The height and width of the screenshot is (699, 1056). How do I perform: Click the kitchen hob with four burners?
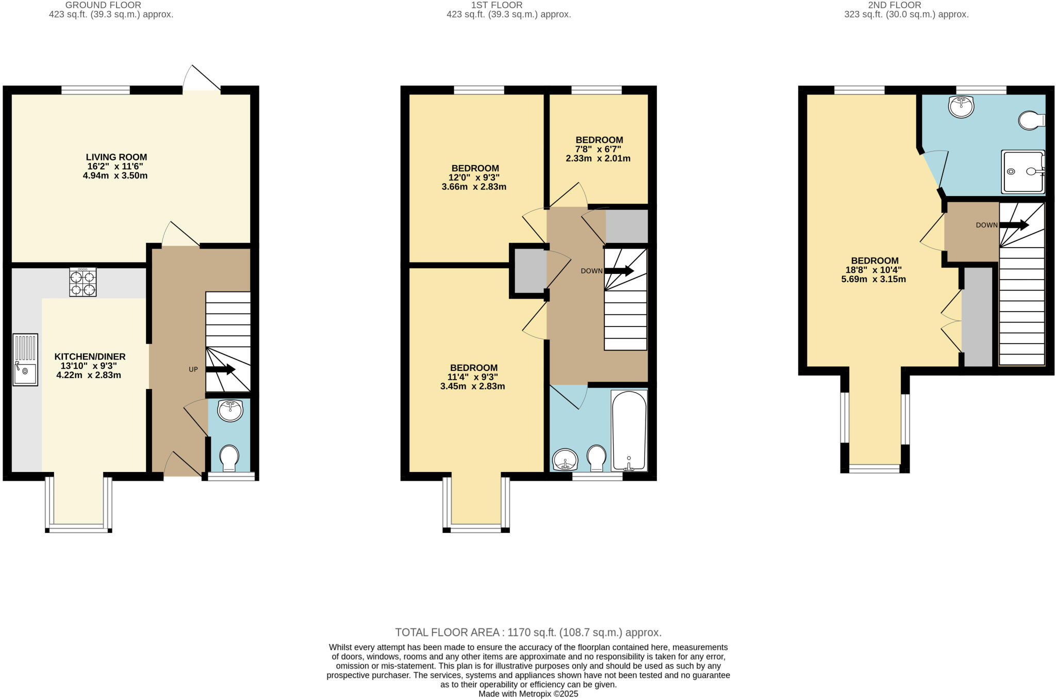82,282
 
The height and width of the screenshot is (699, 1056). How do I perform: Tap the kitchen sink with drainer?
25,360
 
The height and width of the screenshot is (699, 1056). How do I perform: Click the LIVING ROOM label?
116,157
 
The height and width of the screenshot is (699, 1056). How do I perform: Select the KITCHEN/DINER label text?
90,356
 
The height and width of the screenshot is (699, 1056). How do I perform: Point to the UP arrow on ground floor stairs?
221,369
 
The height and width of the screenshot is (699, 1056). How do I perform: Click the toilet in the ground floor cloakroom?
229,458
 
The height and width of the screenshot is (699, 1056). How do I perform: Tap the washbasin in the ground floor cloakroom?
230,410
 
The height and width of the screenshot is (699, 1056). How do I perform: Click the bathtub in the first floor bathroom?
629,431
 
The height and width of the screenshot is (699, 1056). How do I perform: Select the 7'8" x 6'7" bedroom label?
599,149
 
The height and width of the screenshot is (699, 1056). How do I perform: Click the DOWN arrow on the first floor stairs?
619,271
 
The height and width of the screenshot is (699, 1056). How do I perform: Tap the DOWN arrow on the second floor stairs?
1014,225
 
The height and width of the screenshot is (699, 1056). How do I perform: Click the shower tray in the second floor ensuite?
1022,172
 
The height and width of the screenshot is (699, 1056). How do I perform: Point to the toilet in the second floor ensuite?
1031,120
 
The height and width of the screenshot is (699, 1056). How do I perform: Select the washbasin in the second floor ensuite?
961,107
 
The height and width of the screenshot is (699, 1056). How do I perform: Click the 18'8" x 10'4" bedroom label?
874,270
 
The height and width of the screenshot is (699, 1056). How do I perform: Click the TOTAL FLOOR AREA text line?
528,632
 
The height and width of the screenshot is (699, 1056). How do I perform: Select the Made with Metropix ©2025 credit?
528,694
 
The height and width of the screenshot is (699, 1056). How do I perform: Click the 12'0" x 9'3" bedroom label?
474,177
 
